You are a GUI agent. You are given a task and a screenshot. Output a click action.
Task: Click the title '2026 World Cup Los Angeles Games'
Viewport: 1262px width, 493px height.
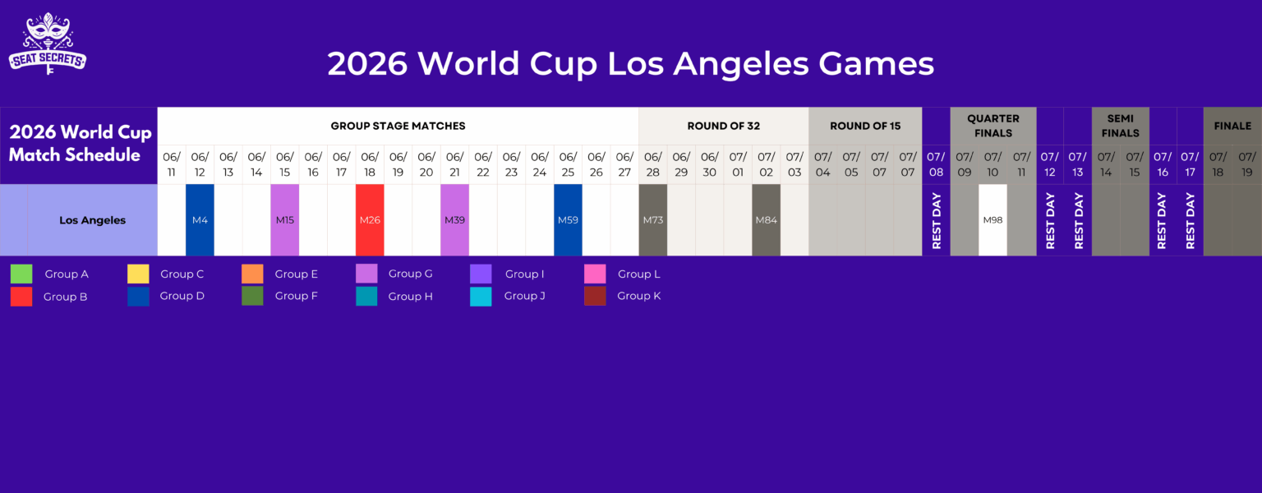tap(630, 64)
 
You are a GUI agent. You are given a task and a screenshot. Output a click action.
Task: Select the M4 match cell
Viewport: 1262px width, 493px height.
tap(200, 220)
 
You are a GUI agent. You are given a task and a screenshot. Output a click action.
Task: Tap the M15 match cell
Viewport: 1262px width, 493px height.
tap(285, 220)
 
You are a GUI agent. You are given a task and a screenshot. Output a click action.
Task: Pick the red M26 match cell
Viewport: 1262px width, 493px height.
tap(370, 220)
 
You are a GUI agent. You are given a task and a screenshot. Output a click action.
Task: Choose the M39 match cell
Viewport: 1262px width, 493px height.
tap(454, 220)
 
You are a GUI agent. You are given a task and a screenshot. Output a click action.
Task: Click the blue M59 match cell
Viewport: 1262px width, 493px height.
tap(568, 220)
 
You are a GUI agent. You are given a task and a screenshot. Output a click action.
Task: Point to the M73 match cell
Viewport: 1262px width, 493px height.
tap(652, 220)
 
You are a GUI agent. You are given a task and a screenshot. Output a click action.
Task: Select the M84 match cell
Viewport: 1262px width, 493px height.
tap(766, 220)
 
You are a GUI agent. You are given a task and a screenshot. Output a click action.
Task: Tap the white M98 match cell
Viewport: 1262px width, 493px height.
tap(993, 220)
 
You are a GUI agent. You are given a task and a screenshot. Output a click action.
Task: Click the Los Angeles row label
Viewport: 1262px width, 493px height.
tap(93, 220)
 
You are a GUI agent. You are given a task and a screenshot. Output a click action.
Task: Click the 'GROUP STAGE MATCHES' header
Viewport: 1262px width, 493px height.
tap(398, 126)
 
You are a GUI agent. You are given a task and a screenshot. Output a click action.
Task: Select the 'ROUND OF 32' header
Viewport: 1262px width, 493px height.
tap(723, 126)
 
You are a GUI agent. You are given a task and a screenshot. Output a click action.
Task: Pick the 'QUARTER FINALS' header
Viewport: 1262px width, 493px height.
tap(993, 126)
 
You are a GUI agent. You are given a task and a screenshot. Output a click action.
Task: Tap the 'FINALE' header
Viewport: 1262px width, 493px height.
tap(1232, 126)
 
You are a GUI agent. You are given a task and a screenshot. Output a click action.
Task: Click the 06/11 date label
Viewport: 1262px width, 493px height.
tap(172, 164)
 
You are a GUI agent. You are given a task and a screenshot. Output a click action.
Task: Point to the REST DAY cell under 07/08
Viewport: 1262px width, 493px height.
tap(936, 220)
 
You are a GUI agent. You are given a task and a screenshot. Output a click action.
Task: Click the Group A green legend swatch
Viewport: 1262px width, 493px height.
tap(21, 274)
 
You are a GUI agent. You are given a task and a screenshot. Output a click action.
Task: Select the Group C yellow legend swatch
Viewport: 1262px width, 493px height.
tap(138, 274)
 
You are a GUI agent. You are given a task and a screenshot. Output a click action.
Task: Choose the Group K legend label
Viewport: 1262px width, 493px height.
tap(638, 296)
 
